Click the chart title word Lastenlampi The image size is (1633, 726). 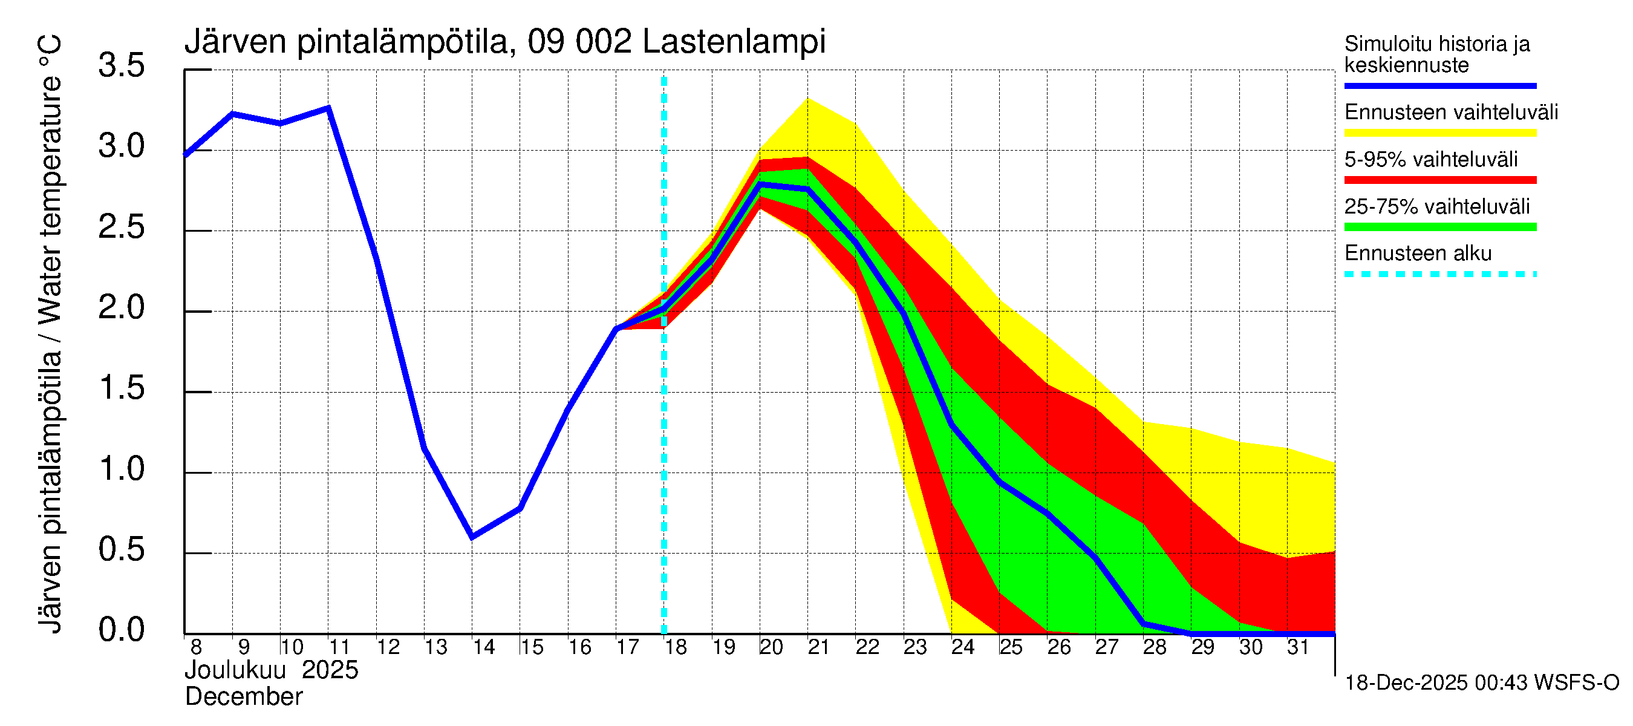pyautogui.click(x=734, y=42)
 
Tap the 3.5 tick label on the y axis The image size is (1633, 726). pyautogui.click(x=121, y=65)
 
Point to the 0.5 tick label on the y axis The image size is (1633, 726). pyautogui.click(x=121, y=549)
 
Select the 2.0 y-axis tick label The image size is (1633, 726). pyautogui.click(x=121, y=307)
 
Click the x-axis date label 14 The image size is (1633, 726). pyautogui.click(x=484, y=647)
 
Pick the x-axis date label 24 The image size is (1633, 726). pyautogui.click(x=962, y=647)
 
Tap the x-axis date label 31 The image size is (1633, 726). pyautogui.click(x=1298, y=647)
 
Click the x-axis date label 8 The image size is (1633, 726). pyautogui.click(x=196, y=647)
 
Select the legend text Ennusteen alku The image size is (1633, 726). pyautogui.click(x=1418, y=253)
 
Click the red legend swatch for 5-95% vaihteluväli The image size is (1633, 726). pyautogui.click(x=1439, y=180)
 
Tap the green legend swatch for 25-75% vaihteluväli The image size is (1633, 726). pyautogui.click(x=1439, y=227)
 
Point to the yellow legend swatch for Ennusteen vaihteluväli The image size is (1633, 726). pyautogui.click(x=1439, y=133)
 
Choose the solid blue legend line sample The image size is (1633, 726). pyautogui.click(x=1439, y=85)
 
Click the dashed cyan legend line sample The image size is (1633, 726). pyautogui.click(x=1439, y=275)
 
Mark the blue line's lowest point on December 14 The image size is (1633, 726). pyautogui.click(x=472, y=537)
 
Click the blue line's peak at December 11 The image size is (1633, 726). pyautogui.click(x=328, y=108)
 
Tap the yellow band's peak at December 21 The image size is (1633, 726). pyautogui.click(x=807, y=99)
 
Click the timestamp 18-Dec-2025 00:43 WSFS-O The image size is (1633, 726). pyautogui.click(x=1481, y=683)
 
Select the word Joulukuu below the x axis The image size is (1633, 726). pyautogui.click(x=235, y=670)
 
